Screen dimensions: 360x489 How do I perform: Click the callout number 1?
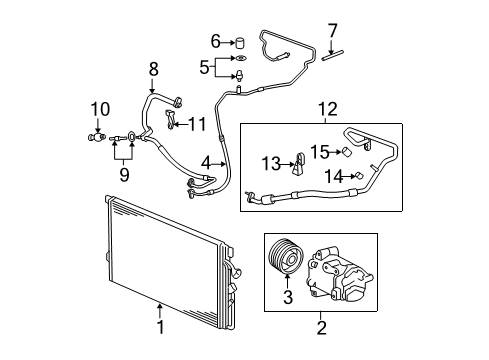pos(158,326)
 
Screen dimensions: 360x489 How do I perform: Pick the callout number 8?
pos(152,69)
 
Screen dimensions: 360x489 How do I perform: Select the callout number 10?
pos(98,107)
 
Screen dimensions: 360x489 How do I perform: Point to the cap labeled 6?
pos(240,42)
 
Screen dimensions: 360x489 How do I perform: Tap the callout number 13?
pos(270,162)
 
